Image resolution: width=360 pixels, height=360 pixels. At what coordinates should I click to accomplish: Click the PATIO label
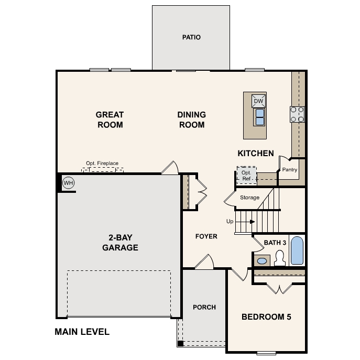[191, 37]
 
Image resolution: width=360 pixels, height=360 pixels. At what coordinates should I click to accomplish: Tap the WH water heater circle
[68, 183]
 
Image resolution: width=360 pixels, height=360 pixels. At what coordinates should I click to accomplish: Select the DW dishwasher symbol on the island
[259, 101]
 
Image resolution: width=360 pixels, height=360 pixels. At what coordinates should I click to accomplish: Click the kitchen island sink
[259, 117]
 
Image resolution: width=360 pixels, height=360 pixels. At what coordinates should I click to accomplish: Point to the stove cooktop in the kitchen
[298, 114]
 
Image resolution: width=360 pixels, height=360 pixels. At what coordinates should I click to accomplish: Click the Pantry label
[290, 170]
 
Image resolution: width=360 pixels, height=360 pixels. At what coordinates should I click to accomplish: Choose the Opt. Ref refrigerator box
[246, 175]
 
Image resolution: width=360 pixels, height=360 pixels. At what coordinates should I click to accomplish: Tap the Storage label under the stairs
[249, 198]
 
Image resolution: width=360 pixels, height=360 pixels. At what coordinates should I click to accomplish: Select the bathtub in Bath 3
[297, 251]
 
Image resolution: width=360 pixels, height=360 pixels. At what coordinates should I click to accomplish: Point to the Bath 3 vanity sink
[262, 260]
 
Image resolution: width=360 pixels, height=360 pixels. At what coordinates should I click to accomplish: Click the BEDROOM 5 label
[266, 317]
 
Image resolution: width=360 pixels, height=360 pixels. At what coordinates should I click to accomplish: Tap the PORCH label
[204, 307]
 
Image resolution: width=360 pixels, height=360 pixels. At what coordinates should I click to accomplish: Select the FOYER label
[206, 236]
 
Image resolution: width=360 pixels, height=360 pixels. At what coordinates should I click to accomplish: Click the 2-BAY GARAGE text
[121, 243]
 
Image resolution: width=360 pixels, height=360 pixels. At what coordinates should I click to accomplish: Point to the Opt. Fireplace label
[103, 163]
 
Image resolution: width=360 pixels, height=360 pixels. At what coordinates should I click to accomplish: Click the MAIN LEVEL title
[82, 332]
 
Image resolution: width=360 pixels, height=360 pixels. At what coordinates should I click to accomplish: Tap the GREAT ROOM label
[110, 119]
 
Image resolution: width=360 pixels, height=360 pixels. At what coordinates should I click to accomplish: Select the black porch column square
[180, 344]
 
